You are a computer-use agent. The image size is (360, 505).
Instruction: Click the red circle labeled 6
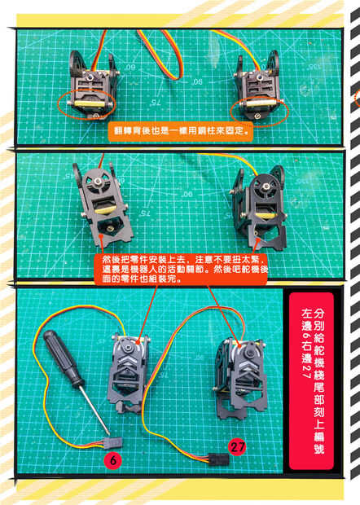point(113,460)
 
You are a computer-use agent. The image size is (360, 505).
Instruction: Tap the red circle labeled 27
point(237,447)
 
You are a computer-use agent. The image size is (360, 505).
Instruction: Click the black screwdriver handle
point(64,358)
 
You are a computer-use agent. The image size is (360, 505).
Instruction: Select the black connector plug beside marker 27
point(218,459)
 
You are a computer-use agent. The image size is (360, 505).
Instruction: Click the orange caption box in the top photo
point(181,131)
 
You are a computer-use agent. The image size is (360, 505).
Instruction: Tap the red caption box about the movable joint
point(181,269)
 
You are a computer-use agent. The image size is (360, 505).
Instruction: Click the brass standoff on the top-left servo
point(90,103)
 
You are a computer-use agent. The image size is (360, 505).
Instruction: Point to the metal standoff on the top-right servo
point(258,103)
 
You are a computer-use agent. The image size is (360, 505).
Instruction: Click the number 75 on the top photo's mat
point(155,103)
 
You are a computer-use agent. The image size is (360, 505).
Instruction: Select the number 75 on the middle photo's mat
point(145,213)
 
